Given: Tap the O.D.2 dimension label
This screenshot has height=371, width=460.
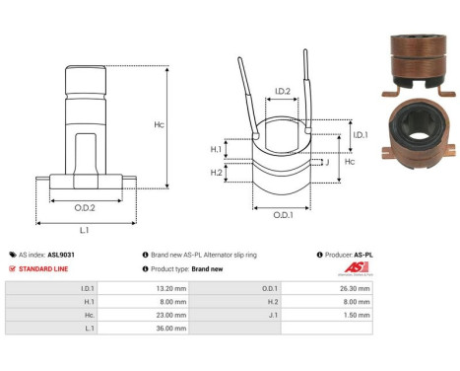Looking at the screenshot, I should (84, 208).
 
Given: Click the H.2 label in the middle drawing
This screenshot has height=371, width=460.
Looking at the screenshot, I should (215, 172).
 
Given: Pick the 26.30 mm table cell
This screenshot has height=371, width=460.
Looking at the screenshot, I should (358, 289).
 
